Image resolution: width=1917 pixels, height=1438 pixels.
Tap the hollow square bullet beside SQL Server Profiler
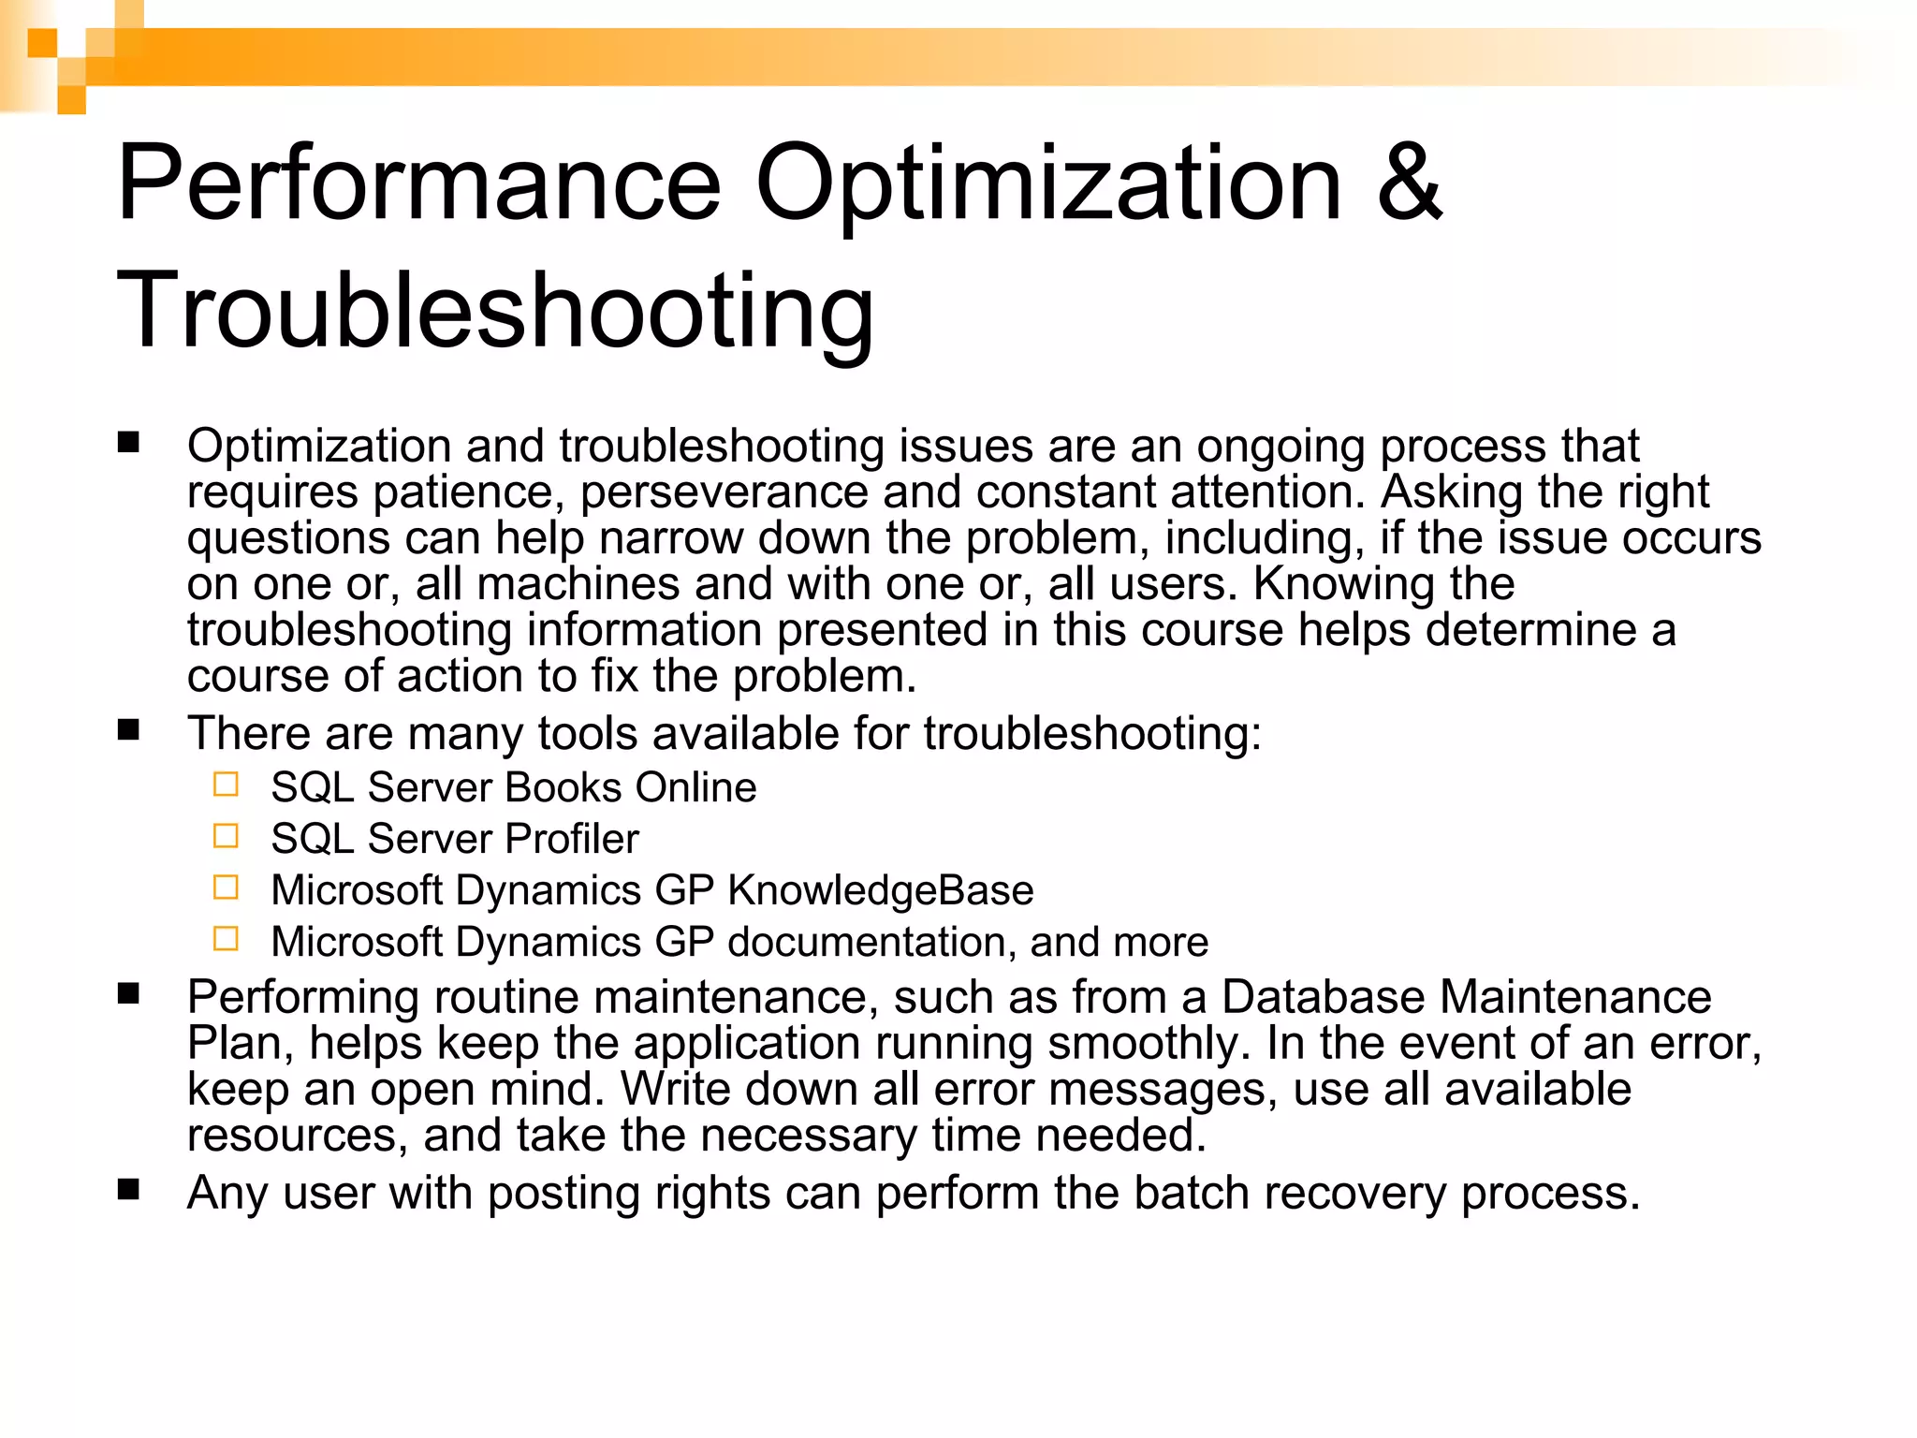point(226,835)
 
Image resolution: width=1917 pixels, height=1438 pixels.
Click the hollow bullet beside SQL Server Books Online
point(226,784)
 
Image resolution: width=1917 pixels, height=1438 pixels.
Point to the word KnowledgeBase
point(880,890)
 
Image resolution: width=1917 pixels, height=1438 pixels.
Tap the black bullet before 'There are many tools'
point(128,729)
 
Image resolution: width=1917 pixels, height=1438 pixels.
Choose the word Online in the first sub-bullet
point(695,787)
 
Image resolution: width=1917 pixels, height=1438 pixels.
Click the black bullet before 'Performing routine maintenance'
point(128,993)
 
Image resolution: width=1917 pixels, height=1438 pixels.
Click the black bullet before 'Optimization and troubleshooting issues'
point(128,442)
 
